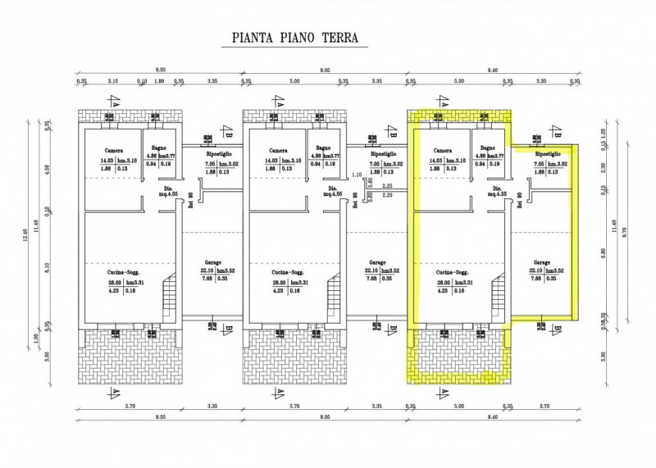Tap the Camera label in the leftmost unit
[x=113, y=150]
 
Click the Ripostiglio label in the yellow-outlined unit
[x=547, y=154]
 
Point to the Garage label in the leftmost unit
[x=212, y=263]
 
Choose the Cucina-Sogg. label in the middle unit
[x=288, y=271]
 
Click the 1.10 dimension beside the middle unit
[x=356, y=175]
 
